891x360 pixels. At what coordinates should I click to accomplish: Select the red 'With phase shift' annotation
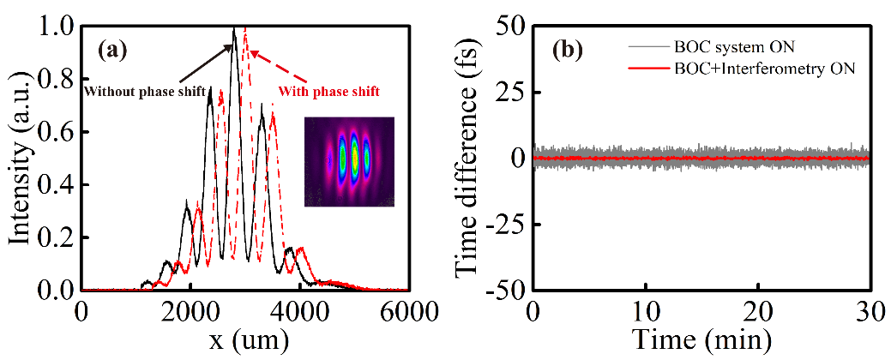(x=330, y=90)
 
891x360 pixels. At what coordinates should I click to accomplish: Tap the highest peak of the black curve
(x=233, y=29)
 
